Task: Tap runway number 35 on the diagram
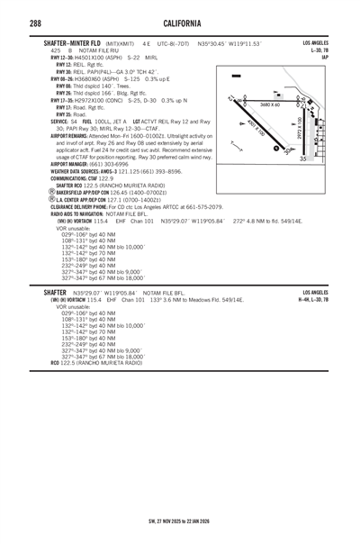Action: [x=303, y=159]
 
